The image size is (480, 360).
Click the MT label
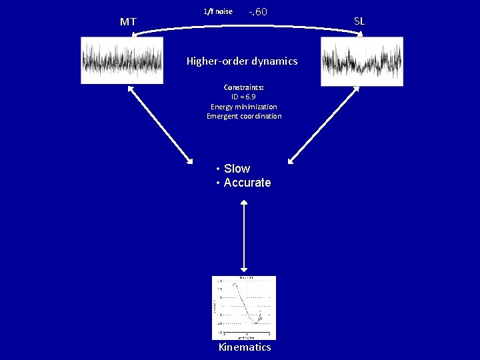click(128, 22)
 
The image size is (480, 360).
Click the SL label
click(359, 21)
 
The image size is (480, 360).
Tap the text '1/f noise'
click(217, 11)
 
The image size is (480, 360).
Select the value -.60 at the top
click(257, 12)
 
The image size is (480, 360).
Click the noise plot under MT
click(122, 61)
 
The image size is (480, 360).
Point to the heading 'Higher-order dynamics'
click(242, 61)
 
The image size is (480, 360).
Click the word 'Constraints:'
click(243, 87)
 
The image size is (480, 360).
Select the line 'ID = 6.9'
click(243, 97)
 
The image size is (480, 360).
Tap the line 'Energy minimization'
click(243, 107)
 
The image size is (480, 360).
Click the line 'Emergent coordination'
click(243, 116)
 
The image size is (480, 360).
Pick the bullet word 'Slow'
click(237, 169)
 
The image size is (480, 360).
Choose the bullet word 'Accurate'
click(247, 183)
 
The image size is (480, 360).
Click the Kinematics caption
click(245, 347)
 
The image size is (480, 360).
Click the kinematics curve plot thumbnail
click(243, 307)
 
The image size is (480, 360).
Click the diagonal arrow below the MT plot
click(159, 126)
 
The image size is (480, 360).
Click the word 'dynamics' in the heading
click(274, 61)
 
